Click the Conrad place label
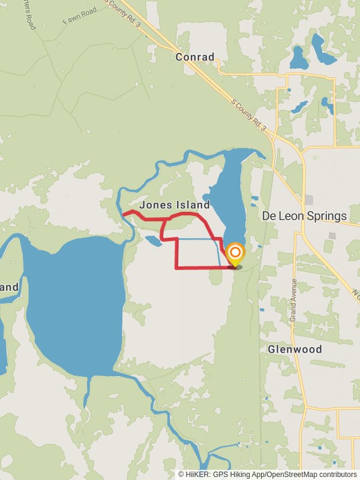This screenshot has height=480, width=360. coord(195,57)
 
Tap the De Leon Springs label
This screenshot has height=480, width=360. coord(304,216)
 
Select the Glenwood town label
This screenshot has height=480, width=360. coord(295,349)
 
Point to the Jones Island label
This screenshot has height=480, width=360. coord(175,205)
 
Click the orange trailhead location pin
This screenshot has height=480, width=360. coord(235,253)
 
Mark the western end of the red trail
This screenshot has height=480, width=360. coord(123,214)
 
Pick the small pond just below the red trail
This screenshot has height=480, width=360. coord(152,241)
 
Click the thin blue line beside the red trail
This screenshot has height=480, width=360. coord(198,239)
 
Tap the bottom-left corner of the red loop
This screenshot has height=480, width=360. coord(176,268)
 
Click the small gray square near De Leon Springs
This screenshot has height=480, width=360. coord(309,199)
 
